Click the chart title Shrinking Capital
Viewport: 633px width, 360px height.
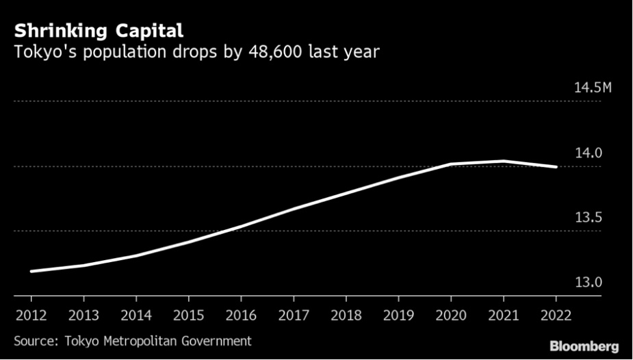(x=98, y=31)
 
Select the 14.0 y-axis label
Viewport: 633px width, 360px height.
(x=588, y=153)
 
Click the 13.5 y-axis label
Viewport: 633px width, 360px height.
(x=588, y=218)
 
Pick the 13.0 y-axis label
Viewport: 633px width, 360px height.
(x=588, y=282)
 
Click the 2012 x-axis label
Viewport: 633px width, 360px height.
(x=31, y=316)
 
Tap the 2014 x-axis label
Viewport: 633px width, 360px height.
(x=135, y=316)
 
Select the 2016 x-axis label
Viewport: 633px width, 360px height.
(x=241, y=316)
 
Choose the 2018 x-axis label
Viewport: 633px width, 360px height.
(x=346, y=316)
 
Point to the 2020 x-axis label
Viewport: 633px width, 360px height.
(x=450, y=316)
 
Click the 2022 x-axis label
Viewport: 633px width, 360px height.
(x=555, y=316)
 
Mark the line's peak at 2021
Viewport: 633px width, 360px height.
(x=503, y=162)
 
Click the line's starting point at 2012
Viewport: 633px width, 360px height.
(x=31, y=271)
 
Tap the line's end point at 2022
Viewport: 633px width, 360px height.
(x=555, y=166)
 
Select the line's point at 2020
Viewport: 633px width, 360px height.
(x=450, y=164)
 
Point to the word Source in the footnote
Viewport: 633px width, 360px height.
(x=34, y=340)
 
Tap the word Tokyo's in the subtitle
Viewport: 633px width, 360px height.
(x=42, y=52)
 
